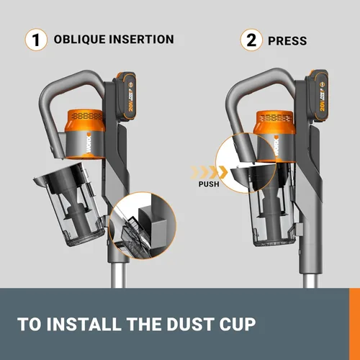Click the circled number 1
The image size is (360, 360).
point(36,40)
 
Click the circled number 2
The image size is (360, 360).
point(251,40)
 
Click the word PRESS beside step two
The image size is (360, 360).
point(287,41)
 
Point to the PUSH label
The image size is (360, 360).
point(209,184)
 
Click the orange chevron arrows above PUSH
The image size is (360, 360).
point(209,172)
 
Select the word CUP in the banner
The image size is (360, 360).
point(238,324)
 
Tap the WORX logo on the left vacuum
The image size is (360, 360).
point(89,143)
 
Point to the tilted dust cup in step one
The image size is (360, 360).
point(70,204)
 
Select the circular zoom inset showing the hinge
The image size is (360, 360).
point(143,225)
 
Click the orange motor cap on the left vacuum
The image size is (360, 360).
point(86,120)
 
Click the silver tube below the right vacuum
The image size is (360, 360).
point(311,280)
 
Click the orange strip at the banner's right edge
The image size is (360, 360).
point(354,324)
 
